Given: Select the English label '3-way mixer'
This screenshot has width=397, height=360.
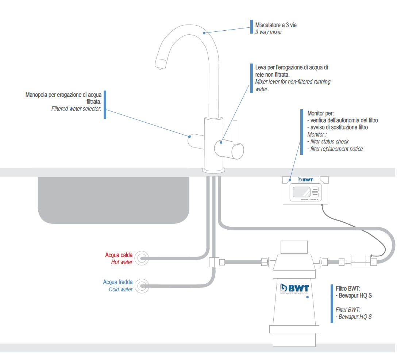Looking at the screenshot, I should click(x=269, y=32).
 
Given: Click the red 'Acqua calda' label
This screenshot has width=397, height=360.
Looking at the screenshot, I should click(x=119, y=255).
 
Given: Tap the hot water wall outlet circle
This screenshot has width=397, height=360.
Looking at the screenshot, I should click(x=141, y=258).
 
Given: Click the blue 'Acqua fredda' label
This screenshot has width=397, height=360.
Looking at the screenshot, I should click(x=117, y=282).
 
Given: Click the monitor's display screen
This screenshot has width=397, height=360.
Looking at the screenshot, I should click(x=300, y=192).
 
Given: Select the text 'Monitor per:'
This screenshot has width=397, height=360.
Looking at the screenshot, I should click(x=320, y=113).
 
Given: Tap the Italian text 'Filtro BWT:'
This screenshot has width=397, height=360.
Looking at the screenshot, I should click(x=348, y=288).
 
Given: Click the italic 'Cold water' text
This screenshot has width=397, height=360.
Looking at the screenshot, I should click(x=120, y=289).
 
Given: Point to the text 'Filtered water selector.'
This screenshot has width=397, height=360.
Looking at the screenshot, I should click(x=76, y=109).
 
